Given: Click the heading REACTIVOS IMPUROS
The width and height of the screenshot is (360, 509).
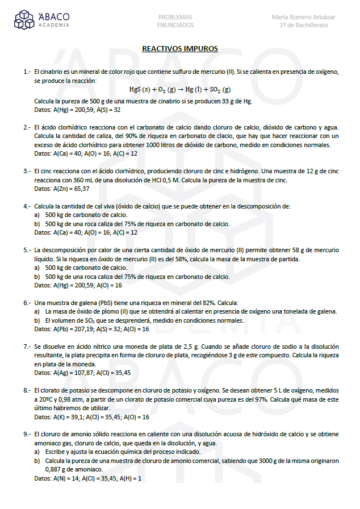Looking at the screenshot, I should click(x=180, y=49).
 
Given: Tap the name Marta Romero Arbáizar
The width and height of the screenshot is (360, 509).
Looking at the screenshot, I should click(x=303, y=17).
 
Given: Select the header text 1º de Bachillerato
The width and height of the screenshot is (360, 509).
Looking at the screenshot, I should click(x=303, y=25).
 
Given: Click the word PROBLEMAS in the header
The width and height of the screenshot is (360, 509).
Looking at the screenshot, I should click(x=175, y=17).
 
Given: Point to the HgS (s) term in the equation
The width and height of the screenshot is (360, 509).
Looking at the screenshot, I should click(x=139, y=90).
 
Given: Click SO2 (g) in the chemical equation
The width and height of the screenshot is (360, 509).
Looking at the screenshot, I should click(x=218, y=90).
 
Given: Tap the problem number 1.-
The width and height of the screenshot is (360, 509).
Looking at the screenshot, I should click(x=27, y=72).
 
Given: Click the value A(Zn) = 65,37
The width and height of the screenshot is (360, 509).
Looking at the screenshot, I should click(x=70, y=188).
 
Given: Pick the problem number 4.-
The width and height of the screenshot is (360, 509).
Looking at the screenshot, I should click(x=27, y=206).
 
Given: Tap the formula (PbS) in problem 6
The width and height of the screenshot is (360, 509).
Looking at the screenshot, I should click(x=106, y=303).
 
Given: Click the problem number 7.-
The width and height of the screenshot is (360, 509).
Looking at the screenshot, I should click(x=27, y=347).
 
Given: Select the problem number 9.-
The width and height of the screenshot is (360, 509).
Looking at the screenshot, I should click(x=27, y=435).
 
